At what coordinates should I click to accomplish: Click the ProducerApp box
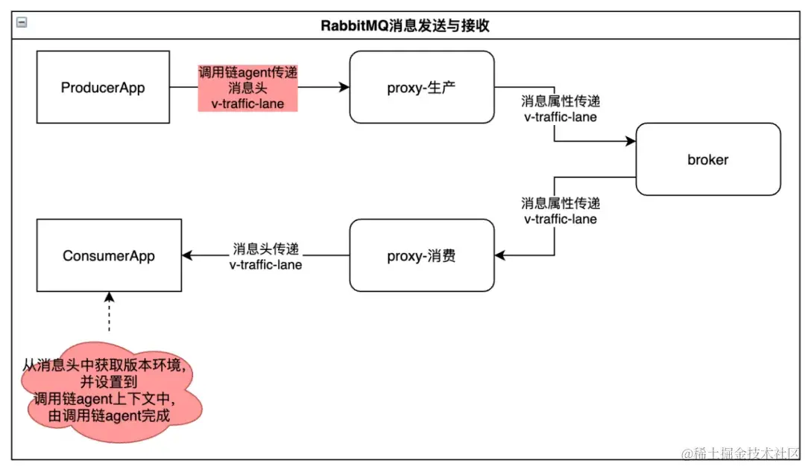(103, 88)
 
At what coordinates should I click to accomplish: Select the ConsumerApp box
(109, 255)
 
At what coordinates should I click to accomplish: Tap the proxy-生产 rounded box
(422, 88)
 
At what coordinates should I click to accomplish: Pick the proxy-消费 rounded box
(422, 255)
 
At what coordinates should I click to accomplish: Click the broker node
(707, 159)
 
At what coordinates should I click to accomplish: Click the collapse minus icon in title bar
(22, 23)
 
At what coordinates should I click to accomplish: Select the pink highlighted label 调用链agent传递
(247, 73)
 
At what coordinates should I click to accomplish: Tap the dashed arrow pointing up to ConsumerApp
(109, 313)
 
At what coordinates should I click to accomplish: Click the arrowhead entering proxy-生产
(344, 88)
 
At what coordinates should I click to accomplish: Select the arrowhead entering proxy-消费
(500, 255)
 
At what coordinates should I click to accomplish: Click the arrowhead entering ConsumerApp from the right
(187, 255)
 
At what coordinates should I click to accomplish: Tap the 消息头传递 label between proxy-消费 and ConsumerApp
(265, 249)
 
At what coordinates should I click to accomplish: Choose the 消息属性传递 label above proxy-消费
(560, 203)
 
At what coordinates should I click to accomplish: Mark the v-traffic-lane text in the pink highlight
(247, 103)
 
